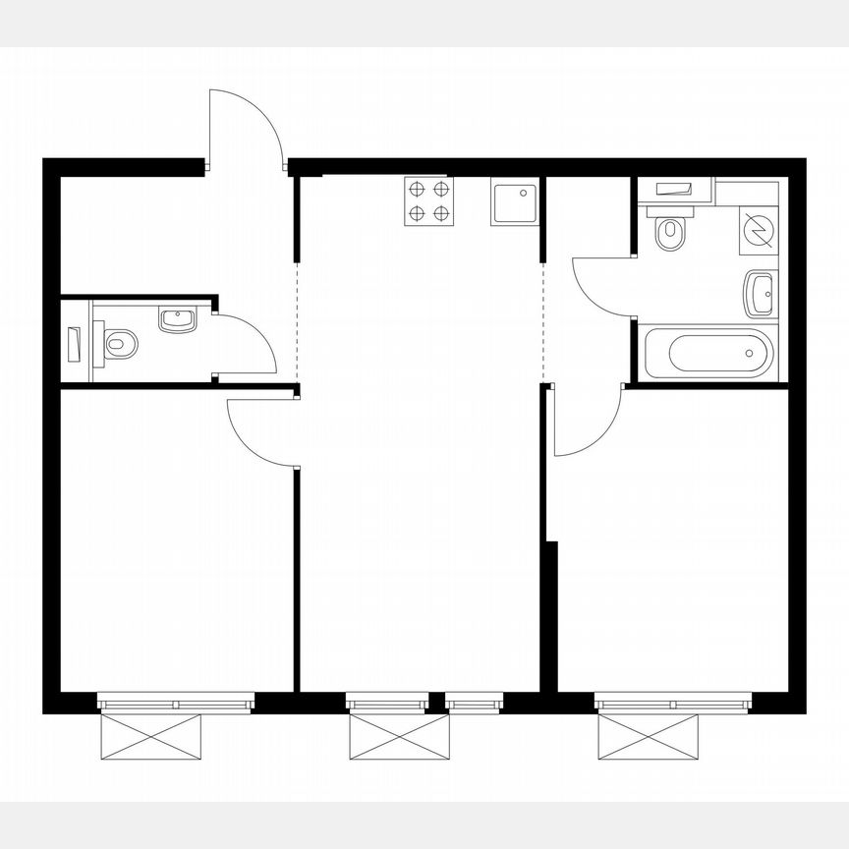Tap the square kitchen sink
[x=515, y=202]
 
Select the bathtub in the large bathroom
[x=708, y=353]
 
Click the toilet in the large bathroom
[x=670, y=231]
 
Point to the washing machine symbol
[x=759, y=229]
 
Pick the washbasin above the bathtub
[x=760, y=292]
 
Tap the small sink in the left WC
[x=178, y=318]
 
